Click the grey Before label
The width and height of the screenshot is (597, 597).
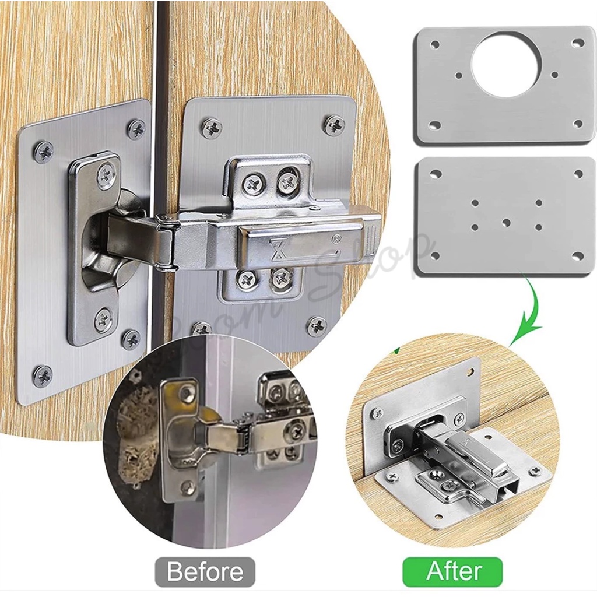(x=205, y=571)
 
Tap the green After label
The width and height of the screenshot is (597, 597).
(x=452, y=571)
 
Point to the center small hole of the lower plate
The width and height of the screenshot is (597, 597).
(x=506, y=223)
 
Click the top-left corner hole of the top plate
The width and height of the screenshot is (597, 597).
(x=434, y=44)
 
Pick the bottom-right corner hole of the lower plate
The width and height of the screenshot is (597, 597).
(x=577, y=256)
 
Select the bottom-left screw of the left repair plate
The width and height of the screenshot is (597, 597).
(x=42, y=376)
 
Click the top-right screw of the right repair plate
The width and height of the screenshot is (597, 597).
(x=335, y=125)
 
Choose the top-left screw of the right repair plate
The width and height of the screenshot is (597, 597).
(x=212, y=128)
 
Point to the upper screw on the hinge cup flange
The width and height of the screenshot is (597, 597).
(x=106, y=174)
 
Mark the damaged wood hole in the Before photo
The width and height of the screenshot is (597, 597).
(x=138, y=431)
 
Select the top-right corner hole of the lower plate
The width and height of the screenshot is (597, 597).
(x=578, y=174)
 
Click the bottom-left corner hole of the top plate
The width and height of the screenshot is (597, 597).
(x=434, y=125)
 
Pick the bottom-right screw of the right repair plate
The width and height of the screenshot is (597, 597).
(x=316, y=326)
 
